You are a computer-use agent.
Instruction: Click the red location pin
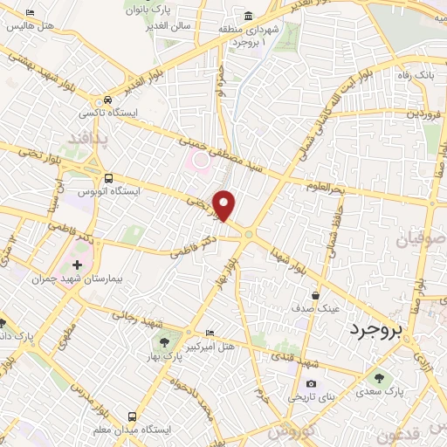pyautogui.click(x=224, y=205)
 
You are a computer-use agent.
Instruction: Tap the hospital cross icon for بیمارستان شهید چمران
pyautogui.click(x=78, y=264)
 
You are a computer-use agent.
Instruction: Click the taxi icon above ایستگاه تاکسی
pyautogui.click(x=107, y=100)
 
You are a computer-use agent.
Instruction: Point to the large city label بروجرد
pyautogui.click(x=379, y=331)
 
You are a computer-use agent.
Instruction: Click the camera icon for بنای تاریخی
pyautogui.click(x=311, y=383)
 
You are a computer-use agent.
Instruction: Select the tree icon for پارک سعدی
pyautogui.click(x=379, y=377)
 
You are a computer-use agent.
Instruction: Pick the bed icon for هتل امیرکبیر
pyautogui.click(x=208, y=334)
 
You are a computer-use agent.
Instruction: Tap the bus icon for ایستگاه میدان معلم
pyautogui.click(x=133, y=416)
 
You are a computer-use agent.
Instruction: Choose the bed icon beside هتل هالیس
pyautogui.click(x=31, y=13)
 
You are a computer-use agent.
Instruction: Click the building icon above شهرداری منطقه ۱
pyautogui.click(x=250, y=17)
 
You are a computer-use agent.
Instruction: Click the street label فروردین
pyautogui.click(x=426, y=114)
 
